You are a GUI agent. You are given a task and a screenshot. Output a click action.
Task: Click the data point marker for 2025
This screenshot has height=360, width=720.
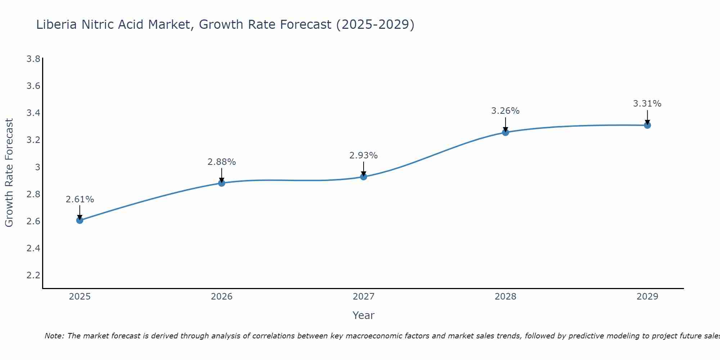point(80,220)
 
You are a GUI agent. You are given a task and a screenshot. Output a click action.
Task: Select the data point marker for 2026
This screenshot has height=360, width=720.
point(222,183)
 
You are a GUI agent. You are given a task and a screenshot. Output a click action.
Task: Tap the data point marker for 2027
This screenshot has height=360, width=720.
point(364,177)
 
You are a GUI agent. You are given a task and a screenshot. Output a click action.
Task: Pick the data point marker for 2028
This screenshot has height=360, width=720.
point(505,132)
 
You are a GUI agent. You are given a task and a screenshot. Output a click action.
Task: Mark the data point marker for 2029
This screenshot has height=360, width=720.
point(647,125)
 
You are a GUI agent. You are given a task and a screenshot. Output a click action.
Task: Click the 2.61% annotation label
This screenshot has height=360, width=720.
point(80,199)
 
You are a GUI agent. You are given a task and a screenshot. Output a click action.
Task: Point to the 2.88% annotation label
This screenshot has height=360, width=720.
point(222,162)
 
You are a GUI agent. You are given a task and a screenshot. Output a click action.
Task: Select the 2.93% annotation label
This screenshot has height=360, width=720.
point(364,156)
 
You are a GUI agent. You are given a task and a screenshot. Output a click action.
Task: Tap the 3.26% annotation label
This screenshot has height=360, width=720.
point(505,111)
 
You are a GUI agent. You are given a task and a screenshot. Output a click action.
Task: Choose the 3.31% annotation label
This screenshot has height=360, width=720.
point(647,104)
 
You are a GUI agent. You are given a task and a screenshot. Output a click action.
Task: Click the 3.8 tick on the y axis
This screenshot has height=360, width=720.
point(33,59)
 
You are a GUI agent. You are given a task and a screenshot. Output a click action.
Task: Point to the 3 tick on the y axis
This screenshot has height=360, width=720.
point(37,167)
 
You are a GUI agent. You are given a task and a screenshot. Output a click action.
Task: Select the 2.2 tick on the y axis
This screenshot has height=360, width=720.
point(33,275)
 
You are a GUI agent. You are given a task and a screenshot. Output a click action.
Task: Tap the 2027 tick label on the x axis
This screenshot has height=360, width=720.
point(364,297)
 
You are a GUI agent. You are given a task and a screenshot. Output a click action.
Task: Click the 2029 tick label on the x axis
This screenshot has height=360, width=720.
point(647,297)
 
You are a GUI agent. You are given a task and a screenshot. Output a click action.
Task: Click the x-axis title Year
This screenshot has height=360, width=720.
point(364,315)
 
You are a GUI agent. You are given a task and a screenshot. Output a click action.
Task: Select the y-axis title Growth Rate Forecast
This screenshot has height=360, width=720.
point(9,173)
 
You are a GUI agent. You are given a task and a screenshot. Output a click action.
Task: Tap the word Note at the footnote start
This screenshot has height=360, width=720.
point(54,336)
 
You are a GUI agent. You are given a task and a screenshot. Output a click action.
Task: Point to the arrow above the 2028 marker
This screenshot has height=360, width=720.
point(505,124)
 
